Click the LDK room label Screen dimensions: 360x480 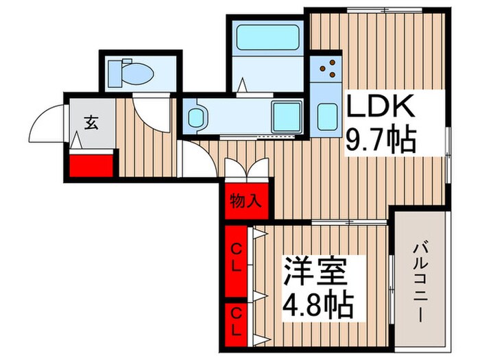381,108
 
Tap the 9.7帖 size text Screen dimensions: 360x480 381,143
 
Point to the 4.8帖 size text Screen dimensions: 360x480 319,302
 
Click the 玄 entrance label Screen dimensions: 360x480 91,123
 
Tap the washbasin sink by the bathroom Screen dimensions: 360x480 196,116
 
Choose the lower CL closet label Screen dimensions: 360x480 235,316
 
